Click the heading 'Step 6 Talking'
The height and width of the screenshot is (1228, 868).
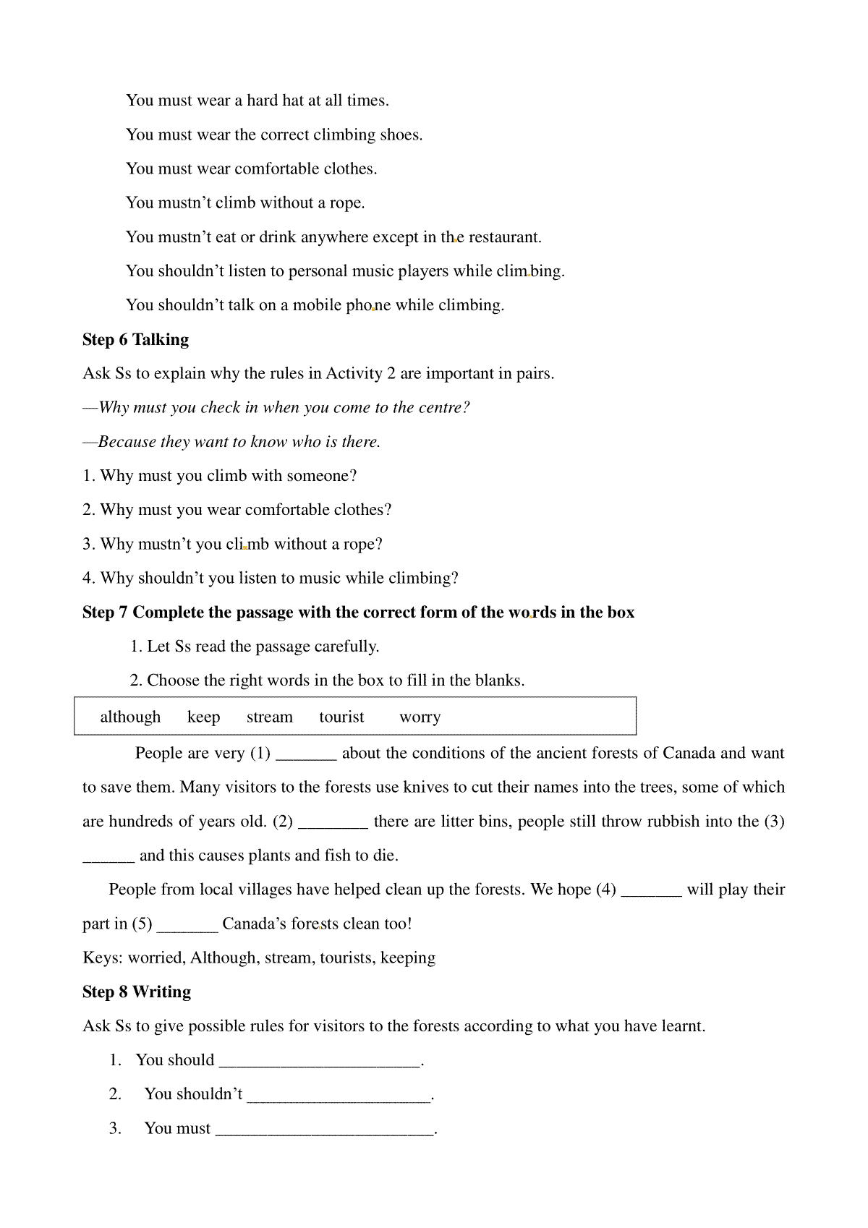click(135, 340)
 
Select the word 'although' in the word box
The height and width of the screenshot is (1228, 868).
click(130, 717)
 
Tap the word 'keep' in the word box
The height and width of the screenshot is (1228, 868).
click(203, 717)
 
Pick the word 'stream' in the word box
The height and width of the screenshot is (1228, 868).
click(269, 717)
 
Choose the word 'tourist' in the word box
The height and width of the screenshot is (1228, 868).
click(341, 717)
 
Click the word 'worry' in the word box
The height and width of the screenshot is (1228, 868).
click(420, 717)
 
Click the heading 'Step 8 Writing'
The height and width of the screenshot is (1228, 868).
click(137, 992)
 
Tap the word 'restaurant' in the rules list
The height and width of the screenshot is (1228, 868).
click(505, 237)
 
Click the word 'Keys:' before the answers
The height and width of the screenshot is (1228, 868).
click(103, 958)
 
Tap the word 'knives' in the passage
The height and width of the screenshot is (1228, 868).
click(427, 787)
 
